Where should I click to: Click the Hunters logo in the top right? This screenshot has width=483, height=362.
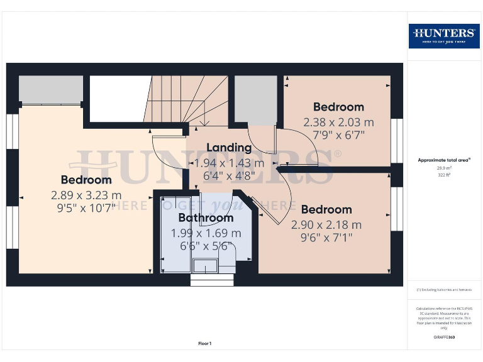tap(444, 35)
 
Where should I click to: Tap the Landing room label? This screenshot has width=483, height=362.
tap(229, 148)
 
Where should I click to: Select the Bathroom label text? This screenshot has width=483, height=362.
tap(206, 218)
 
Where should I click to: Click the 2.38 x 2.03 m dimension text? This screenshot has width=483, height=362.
tap(338, 122)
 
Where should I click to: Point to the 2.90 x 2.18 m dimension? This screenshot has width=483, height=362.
tap(326, 224)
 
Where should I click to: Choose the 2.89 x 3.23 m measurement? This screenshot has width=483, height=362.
tap(86, 195)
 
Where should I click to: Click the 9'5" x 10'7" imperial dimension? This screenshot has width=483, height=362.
tap(86, 208)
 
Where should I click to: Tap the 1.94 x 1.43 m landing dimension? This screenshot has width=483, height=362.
tap(229, 163)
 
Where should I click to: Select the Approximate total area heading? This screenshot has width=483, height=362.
tap(444, 160)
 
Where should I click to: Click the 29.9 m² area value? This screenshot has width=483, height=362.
tap(444, 168)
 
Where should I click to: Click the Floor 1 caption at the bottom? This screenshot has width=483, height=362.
tap(204, 343)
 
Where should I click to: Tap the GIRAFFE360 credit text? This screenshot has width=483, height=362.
tap(444, 337)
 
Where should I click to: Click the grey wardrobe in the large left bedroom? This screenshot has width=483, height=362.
tap(51, 89)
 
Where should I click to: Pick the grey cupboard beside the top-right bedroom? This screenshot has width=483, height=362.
tap(255, 99)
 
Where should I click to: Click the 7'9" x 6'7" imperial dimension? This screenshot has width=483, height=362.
tap(338, 134)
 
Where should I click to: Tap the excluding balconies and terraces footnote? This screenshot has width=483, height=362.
tap(444, 290)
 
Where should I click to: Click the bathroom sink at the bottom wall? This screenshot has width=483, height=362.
tap(204, 266)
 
